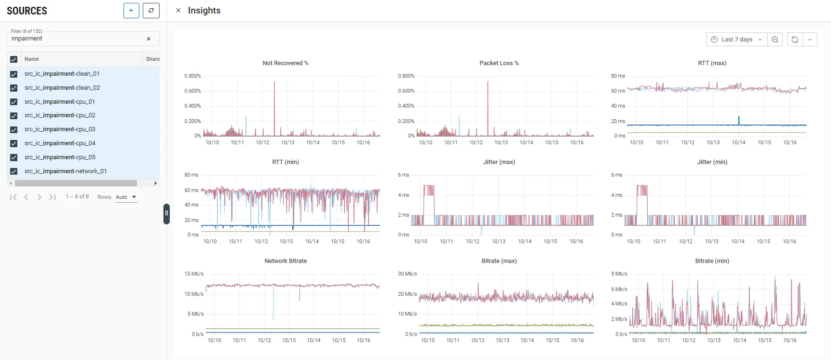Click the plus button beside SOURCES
pos(131,11)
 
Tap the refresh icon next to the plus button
pos(151,11)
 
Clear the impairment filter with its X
pos(149,39)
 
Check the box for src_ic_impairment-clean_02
pos(14,88)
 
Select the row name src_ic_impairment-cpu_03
pos(60,129)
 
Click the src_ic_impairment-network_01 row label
pos(66,171)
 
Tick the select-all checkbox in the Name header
pos(14,59)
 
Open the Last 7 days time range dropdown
pos(736,40)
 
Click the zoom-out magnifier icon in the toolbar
pos(775,40)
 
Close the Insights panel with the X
pos(178,10)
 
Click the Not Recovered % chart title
pos(286,63)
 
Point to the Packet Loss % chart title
pos(499,63)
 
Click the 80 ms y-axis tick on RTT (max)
pos(618,76)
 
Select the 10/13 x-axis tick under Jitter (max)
pos(499,241)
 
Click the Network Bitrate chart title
pos(286,261)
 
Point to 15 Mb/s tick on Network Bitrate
pos(194,274)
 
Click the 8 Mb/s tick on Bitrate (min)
pos(619,274)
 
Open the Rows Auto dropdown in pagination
pos(126,197)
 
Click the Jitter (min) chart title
pos(712,162)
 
